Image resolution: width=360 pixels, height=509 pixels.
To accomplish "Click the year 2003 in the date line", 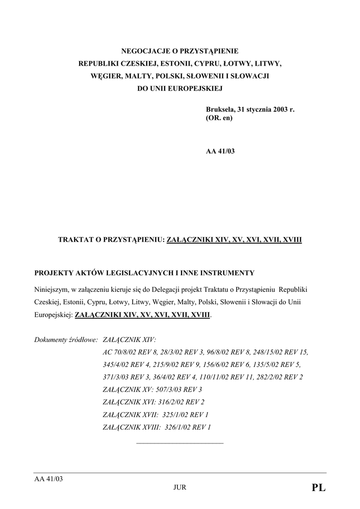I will tap(280, 109).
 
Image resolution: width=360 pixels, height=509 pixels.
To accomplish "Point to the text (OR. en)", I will tap(219, 119).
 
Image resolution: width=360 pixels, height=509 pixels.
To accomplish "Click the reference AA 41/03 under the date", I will tap(220, 151).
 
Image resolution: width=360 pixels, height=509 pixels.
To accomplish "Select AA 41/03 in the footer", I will tap(48, 479).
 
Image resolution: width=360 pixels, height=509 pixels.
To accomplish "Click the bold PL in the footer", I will tap(319, 488).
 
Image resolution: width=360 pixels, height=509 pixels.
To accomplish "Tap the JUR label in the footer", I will tap(180, 488).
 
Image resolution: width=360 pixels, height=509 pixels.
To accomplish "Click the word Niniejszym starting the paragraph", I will tap(52, 289).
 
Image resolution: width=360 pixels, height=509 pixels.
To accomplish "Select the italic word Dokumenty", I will tap(51, 340).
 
